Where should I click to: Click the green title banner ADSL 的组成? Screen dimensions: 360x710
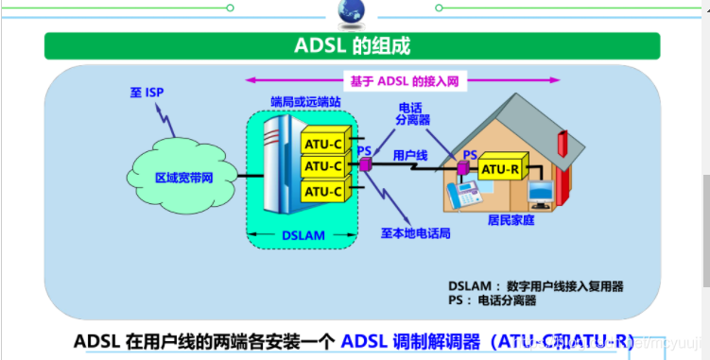point(355,45)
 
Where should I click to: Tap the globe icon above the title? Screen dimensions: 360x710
point(353,11)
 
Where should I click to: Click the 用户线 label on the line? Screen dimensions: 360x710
point(411,152)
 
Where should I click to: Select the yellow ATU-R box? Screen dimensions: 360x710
point(500,170)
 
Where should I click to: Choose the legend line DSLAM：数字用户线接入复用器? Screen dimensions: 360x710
point(536,285)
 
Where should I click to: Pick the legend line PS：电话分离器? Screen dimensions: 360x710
point(492,300)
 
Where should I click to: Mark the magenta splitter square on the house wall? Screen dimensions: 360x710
point(463,169)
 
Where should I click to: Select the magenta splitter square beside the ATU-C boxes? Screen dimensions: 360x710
point(363,164)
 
